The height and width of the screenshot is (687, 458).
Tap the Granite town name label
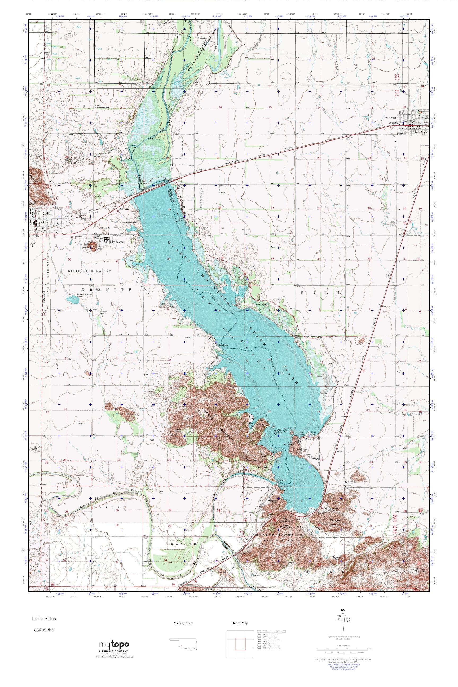click(x=67, y=217)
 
